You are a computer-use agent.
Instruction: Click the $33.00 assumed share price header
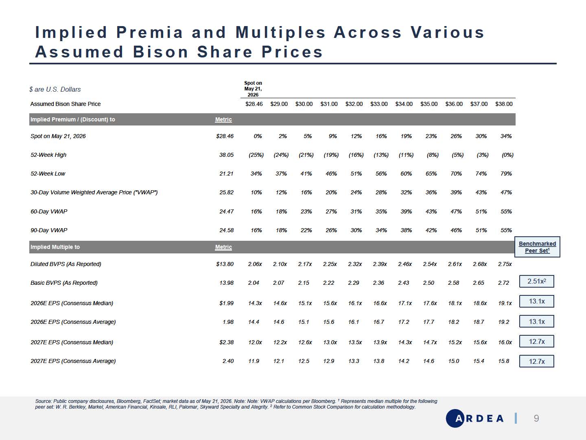click(379, 104)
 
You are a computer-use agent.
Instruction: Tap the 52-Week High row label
click(48, 155)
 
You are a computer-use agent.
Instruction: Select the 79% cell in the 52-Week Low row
click(506, 174)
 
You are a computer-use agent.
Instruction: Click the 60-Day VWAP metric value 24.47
click(226, 211)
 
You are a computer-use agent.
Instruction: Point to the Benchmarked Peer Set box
click(537, 247)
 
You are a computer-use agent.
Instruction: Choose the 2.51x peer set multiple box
click(537, 281)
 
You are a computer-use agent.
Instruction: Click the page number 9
click(536, 418)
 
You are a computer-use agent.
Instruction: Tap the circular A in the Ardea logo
click(455, 418)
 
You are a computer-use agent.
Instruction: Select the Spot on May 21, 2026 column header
click(253, 89)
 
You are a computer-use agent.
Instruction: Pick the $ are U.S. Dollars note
click(55, 89)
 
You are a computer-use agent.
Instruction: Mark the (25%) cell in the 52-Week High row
click(256, 155)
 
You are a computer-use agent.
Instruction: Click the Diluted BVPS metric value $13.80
click(225, 264)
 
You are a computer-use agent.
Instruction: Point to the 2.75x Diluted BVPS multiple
click(505, 264)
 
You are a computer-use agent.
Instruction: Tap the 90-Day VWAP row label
click(49, 230)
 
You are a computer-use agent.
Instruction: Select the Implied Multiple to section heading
click(55, 247)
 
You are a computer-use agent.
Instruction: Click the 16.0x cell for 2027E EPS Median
click(505, 342)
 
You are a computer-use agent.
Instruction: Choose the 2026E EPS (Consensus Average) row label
click(73, 322)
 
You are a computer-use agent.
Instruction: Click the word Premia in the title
click(149, 33)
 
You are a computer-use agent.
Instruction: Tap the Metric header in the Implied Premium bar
click(223, 119)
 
